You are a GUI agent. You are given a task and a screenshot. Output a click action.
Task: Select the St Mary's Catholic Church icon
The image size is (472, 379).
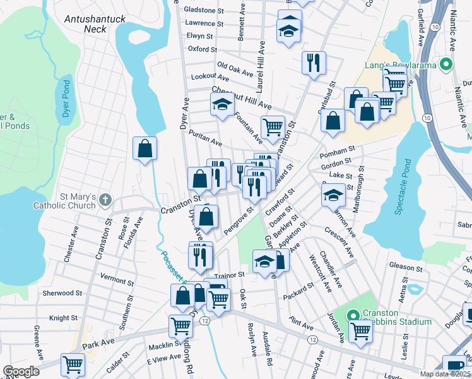[x=105, y=200]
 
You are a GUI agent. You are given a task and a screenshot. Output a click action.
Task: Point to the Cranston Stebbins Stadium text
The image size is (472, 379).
[x=392, y=317]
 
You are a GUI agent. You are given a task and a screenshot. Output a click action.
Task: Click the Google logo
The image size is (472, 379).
[x=21, y=371]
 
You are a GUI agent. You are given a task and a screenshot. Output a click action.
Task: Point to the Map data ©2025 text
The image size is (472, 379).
[x=445, y=374]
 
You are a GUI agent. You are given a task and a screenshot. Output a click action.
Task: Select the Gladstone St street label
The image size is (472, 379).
[x=203, y=11]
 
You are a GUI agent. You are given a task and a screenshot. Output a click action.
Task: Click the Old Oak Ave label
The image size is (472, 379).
[x=235, y=65]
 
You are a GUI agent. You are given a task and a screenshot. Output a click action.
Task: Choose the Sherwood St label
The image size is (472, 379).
[x=62, y=293]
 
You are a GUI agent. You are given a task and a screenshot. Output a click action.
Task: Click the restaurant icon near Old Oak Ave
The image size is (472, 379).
[x=314, y=63]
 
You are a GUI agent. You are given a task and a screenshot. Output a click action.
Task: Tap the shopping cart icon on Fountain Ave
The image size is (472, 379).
[x=273, y=126]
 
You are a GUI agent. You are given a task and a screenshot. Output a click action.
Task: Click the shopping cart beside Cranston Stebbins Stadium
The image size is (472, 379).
[x=361, y=329]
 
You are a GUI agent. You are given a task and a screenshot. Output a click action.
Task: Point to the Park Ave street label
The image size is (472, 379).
[x=96, y=345]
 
